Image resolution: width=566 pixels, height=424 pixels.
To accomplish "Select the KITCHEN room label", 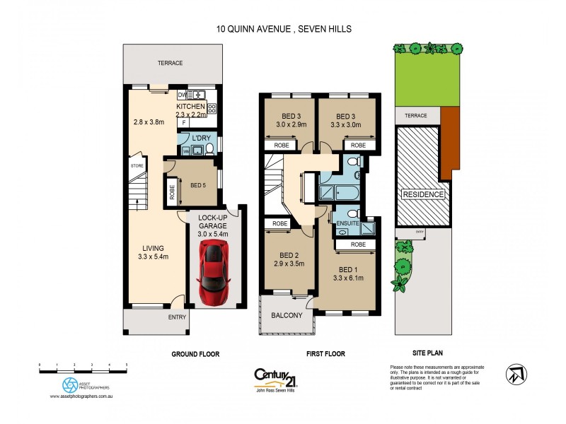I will [x=190, y=106].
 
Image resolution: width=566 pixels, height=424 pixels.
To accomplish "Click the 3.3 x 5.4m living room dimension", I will [x=153, y=257].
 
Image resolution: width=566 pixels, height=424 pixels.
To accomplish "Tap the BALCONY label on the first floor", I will [x=287, y=315].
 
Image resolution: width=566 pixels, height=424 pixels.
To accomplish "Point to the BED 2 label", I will [x=287, y=254].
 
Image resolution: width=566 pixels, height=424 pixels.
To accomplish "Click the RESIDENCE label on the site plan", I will [x=423, y=194].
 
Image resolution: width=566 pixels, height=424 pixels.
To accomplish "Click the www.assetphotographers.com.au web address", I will [x=82, y=396].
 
